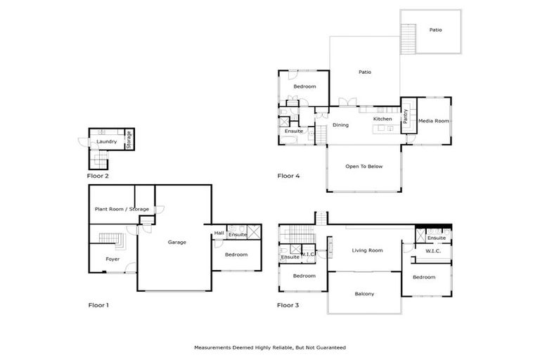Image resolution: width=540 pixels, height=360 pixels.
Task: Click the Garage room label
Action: click(x=176, y=242)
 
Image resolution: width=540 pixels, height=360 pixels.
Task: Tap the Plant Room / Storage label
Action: click(x=122, y=209)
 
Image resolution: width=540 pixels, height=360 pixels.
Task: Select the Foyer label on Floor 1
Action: click(x=112, y=259)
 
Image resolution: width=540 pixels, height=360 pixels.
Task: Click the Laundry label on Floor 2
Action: click(x=107, y=142)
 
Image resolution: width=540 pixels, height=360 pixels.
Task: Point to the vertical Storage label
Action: click(x=129, y=139)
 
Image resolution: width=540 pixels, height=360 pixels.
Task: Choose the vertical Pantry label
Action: click(x=405, y=116)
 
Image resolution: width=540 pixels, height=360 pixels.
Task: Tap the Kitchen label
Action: click(x=382, y=119)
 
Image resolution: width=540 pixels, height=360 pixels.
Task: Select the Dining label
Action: click(x=340, y=125)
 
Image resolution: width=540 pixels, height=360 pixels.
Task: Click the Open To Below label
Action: click(x=364, y=167)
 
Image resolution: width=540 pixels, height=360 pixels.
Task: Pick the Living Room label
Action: click(x=367, y=250)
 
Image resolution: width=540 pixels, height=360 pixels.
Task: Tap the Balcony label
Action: click(x=364, y=294)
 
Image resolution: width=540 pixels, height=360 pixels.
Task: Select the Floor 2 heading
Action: click(x=98, y=176)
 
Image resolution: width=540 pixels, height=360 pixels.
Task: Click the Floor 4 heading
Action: click(x=288, y=176)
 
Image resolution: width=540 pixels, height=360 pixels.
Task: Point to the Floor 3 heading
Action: click(x=288, y=305)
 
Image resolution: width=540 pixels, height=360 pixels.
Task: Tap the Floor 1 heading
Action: click(x=98, y=305)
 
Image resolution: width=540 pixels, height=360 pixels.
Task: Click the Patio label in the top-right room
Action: click(x=437, y=30)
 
